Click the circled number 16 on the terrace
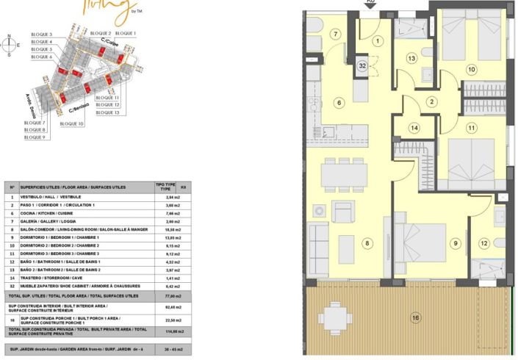pos(416,317)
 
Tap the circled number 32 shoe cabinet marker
pos(362,65)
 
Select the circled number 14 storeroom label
pos(414,127)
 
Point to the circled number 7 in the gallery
pos(335,34)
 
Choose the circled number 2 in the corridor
pos(432,101)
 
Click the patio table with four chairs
pos(334,318)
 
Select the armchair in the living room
pos(343,211)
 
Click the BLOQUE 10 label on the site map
pos(71,123)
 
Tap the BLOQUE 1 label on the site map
pos(126,34)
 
